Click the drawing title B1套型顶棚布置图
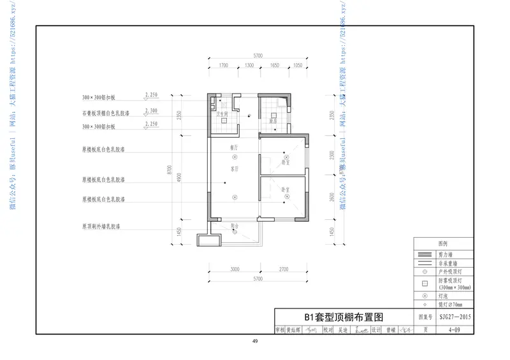click(344, 317)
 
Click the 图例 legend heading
click(444, 244)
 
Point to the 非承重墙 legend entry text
click(446, 263)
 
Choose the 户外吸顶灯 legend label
click(449, 271)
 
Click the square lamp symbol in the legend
click(424, 284)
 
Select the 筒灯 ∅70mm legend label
click(449, 305)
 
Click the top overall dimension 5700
click(258, 56)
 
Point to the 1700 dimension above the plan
click(223, 66)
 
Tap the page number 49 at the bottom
click(255, 342)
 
